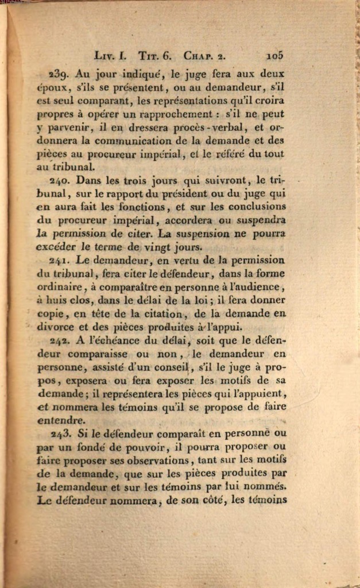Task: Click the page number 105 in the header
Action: [275, 56]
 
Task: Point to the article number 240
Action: [59, 180]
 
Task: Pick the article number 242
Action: [59, 340]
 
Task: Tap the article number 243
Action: [59, 433]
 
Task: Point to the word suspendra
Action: [261, 220]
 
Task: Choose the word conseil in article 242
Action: [172, 367]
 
